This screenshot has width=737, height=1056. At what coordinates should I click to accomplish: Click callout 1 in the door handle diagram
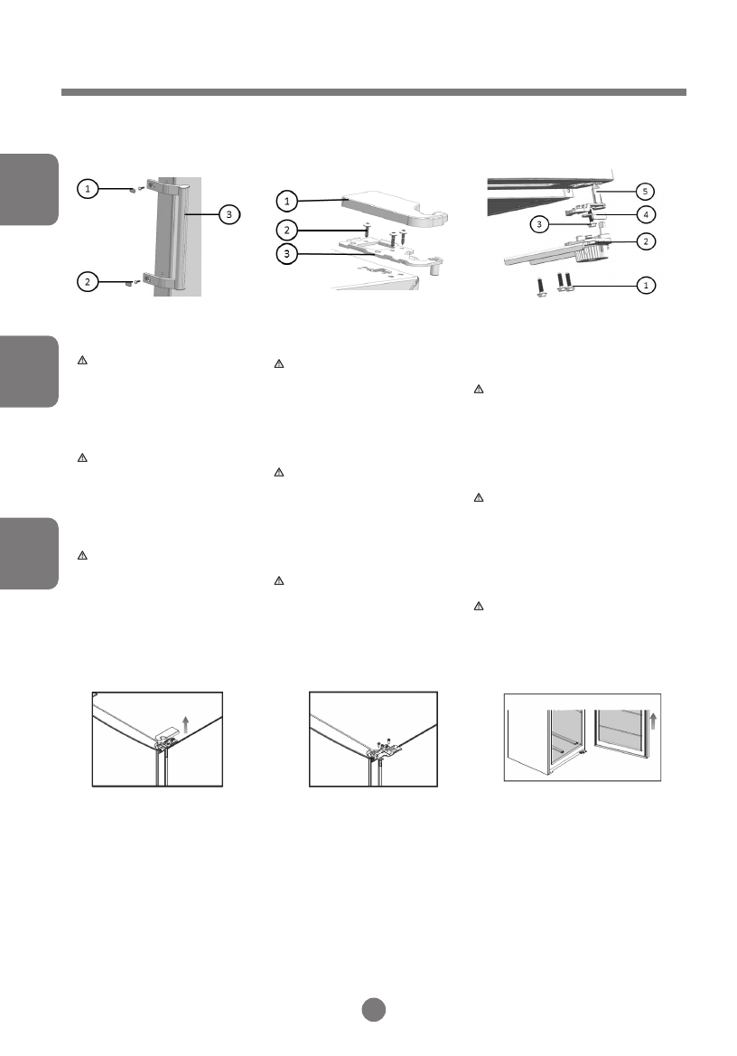click(87, 189)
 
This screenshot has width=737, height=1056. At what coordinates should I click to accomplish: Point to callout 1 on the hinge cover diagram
click(286, 200)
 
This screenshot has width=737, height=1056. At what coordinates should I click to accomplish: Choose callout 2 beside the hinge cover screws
click(286, 230)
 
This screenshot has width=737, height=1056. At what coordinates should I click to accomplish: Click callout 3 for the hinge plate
click(286, 255)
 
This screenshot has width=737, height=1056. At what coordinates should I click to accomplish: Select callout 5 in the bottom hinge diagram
click(645, 191)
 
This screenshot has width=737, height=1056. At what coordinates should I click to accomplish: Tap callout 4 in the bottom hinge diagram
click(645, 215)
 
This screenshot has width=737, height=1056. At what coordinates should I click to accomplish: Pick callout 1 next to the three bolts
click(645, 286)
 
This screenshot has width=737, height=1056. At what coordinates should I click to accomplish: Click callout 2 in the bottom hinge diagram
click(645, 241)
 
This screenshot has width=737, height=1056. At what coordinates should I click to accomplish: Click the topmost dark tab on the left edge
click(29, 189)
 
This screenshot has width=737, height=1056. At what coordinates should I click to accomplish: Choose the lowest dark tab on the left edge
click(29, 553)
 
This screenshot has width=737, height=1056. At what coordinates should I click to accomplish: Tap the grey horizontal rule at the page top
click(373, 92)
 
